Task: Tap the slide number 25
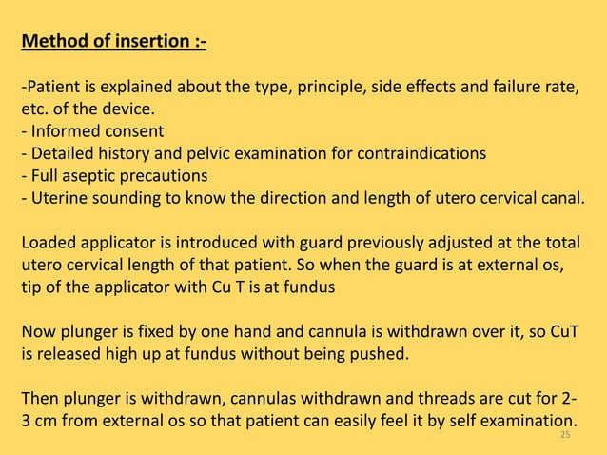565,435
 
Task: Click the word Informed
67,131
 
